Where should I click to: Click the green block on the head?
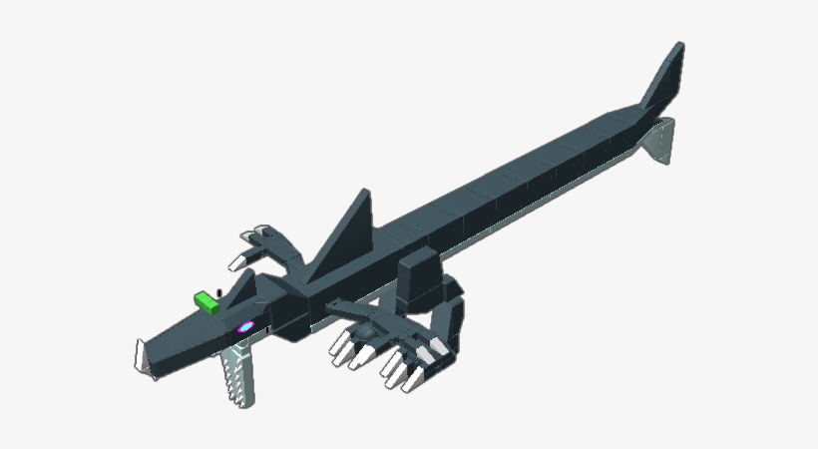click(x=206, y=302)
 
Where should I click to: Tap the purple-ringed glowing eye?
click(x=244, y=326)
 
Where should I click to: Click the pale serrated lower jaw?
click(x=236, y=374)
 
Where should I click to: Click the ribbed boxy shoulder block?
click(x=419, y=277)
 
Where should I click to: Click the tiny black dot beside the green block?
click(x=219, y=291)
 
